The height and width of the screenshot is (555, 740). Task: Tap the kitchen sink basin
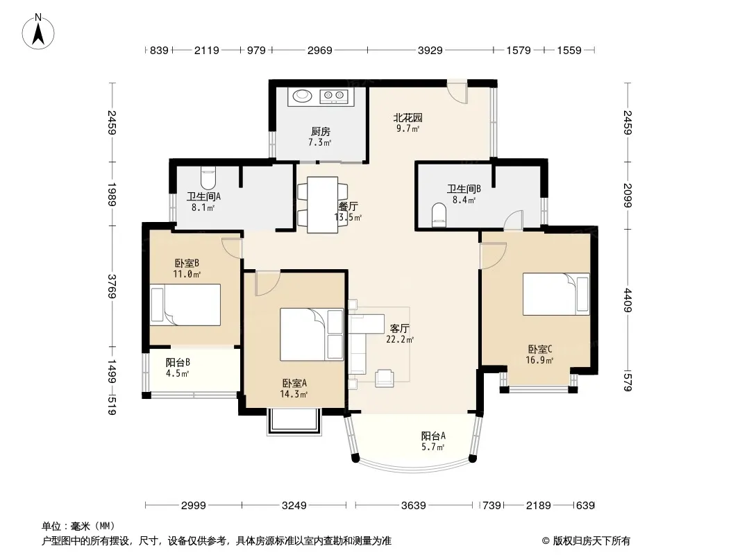click(303, 96)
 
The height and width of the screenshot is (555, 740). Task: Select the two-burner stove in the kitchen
click(334, 96)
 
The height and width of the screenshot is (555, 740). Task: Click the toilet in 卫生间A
click(208, 178)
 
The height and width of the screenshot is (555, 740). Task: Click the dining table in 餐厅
click(323, 205)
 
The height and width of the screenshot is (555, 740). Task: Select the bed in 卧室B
click(185, 305)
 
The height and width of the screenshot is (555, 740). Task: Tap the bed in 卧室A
click(312, 335)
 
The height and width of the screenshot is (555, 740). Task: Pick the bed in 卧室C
click(556, 294)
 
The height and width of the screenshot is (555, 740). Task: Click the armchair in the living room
click(385, 377)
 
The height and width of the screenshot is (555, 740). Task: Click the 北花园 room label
click(407, 118)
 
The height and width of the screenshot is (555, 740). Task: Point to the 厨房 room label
click(321, 132)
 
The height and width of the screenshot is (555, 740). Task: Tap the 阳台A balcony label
click(433, 436)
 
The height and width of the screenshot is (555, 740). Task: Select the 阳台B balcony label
click(178, 363)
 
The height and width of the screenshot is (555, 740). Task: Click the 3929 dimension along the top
click(430, 50)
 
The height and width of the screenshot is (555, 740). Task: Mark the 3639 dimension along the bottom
click(414, 506)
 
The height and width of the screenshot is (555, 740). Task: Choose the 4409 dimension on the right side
click(628, 300)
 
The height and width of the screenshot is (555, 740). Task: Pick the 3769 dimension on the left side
click(112, 287)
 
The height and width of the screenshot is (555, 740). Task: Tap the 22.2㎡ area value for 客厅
click(400, 339)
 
